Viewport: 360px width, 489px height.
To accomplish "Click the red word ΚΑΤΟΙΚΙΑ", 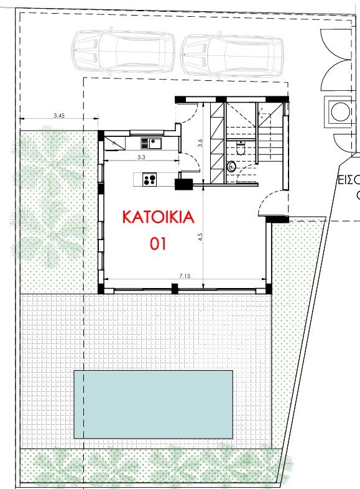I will click(x=158, y=218).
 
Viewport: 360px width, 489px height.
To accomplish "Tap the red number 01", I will click(x=158, y=244).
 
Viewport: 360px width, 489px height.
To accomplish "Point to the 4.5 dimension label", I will click(x=200, y=236).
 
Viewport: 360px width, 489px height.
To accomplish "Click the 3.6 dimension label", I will click(x=200, y=142).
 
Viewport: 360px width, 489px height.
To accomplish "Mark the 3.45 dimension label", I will click(x=59, y=116).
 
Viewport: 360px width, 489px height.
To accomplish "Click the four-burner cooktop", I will click(x=149, y=180).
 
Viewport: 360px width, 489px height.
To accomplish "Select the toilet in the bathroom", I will click(x=242, y=148).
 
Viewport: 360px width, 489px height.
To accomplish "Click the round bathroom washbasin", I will click(x=232, y=166).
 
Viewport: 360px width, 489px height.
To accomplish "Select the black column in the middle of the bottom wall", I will click(x=175, y=289).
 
